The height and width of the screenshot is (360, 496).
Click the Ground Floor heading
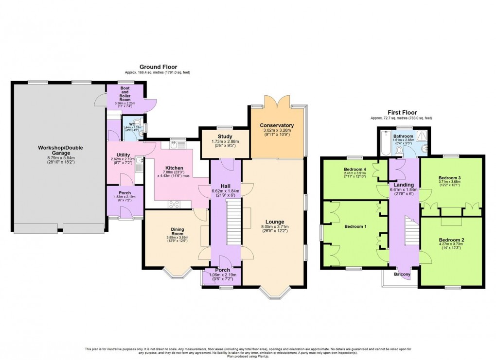pos(159,67)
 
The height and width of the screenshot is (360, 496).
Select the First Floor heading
pos(401,111)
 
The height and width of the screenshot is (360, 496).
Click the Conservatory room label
pos(277,125)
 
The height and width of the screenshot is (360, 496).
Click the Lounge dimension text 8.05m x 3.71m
pos(275,226)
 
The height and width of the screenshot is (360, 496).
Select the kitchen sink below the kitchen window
pos(175,144)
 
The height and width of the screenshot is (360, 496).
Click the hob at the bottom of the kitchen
pos(174,205)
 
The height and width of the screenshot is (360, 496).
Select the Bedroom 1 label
pos(355,226)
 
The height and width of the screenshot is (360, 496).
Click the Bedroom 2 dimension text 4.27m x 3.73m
pos(452,245)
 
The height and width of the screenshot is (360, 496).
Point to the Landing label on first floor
pos(404,185)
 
